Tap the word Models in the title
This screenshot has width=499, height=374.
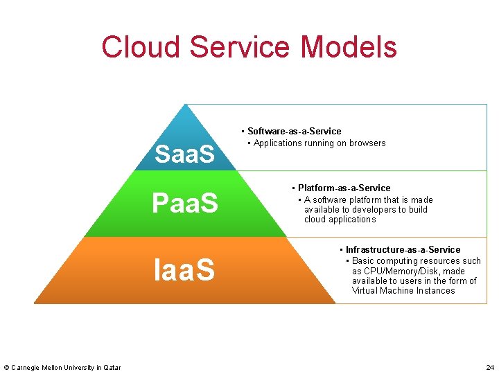(x=349, y=47)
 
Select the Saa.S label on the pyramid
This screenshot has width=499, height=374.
(x=184, y=154)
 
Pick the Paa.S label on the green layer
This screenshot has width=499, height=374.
(x=184, y=204)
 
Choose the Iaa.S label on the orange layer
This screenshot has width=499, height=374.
(x=184, y=269)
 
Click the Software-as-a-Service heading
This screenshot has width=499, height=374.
(x=294, y=131)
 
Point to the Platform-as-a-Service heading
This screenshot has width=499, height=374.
(x=344, y=188)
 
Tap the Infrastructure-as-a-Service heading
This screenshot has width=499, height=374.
(x=403, y=249)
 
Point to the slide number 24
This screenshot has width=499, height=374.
(x=490, y=366)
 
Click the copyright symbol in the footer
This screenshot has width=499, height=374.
(x=6, y=367)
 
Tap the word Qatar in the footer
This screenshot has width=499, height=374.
(x=112, y=367)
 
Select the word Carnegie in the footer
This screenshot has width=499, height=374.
(x=26, y=367)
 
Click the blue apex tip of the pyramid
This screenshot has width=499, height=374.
(x=185, y=108)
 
